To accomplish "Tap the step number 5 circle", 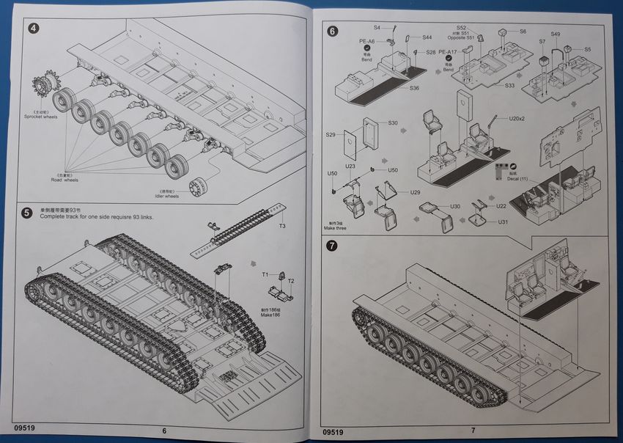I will [26, 213].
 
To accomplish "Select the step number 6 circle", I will [333, 32].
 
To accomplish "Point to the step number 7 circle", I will [333, 246].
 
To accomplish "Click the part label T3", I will [282, 226].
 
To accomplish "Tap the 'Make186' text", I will [271, 314].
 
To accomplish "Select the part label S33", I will [509, 86].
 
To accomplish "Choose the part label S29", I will [331, 136].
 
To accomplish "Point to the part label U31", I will [503, 221].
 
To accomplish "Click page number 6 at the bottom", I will [164, 431].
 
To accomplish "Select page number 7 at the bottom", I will [473, 431].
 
